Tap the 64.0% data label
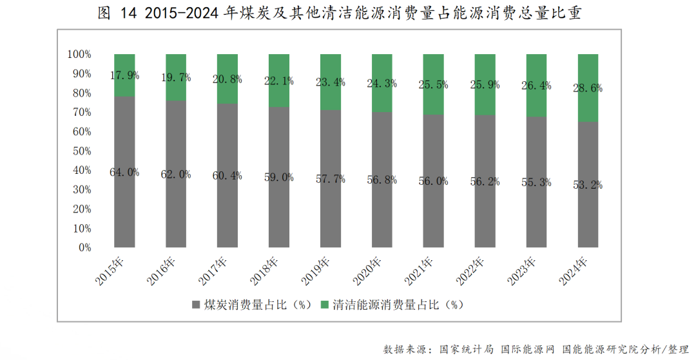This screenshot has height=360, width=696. (x=124, y=172)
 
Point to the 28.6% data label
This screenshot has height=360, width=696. (x=588, y=89)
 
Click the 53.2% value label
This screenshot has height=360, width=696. (x=588, y=185)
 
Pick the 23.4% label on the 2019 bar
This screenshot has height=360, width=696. (x=331, y=82)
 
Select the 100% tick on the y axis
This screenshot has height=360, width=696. (x=79, y=54)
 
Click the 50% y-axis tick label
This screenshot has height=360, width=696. (x=82, y=151)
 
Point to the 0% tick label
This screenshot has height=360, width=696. (x=84, y=247)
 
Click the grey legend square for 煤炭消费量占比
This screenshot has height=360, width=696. (x=196, y=304)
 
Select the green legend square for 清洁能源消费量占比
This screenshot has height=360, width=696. (x=325, y=304)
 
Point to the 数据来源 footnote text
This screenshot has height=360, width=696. (x=535, y=348)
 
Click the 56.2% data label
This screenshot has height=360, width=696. (x=485, y=182)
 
